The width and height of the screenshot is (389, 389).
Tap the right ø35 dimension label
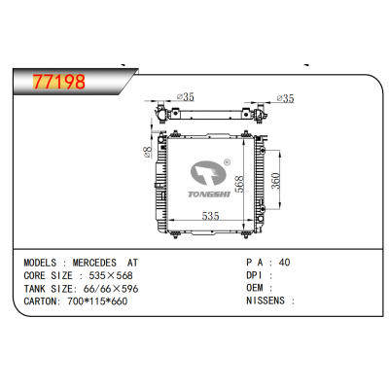click(x=286, y=97)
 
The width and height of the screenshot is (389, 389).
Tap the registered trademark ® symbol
click(x=227, y=162)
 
